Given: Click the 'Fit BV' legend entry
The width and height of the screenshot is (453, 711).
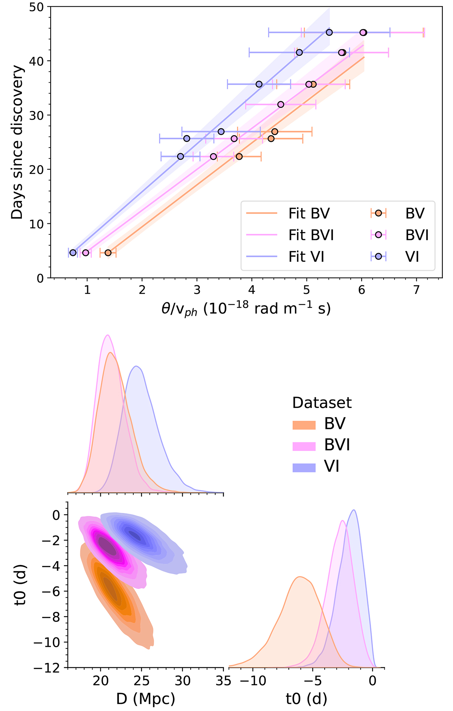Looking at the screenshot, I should coord(309,214).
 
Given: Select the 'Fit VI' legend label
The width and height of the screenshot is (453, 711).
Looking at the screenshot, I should coord(306,257).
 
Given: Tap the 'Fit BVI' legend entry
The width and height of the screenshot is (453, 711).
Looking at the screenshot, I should coord(311,235).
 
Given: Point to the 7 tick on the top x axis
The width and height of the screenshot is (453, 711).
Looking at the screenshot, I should coord(416,290).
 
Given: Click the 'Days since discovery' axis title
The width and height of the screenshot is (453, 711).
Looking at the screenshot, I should coord(17,142).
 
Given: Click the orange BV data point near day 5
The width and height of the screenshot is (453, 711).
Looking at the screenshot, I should coord(108,252).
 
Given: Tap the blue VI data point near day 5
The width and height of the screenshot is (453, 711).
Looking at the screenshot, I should coord(73,252).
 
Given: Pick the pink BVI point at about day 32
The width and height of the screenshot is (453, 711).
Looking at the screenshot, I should coord(280,104).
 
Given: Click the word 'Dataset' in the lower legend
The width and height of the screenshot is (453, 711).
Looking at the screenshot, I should coord(322,403).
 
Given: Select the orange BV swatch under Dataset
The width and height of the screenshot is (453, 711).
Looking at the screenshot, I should coord(304,425).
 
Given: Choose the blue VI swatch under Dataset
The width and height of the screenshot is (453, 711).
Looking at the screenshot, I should coord(304,468).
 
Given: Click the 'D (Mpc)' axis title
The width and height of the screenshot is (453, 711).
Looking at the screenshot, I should coord(145,699).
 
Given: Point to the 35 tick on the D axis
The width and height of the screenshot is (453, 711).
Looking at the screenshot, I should coord(223,680).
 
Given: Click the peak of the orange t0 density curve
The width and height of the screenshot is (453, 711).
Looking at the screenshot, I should coord(300,577).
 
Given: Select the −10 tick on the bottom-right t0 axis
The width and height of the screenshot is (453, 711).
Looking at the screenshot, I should coord(253,680).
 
